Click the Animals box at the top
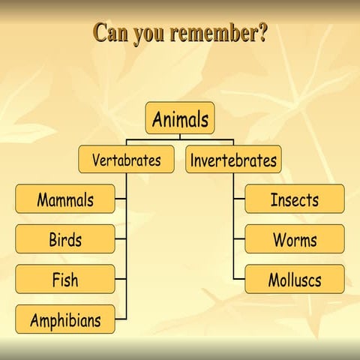(x=179, y=118)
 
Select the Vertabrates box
(x=126, y=160)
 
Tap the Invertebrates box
(x=233, y=160)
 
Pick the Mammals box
(x=65, y=199)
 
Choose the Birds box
(x=65, y=240)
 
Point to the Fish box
(x=65, y=280)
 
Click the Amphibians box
(x=65, y=320)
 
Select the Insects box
(x=295, y=199)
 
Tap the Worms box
(x=295, y=240)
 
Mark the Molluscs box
(x=295, y=280)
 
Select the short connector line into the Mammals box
(x=121, y=199)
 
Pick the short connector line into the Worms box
(x=239, y=240)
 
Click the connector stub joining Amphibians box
(x=121, y=320)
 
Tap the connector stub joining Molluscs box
(x=239, y=280)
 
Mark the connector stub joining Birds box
(x=121, y=240)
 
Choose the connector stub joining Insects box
(x=239, y=199)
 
